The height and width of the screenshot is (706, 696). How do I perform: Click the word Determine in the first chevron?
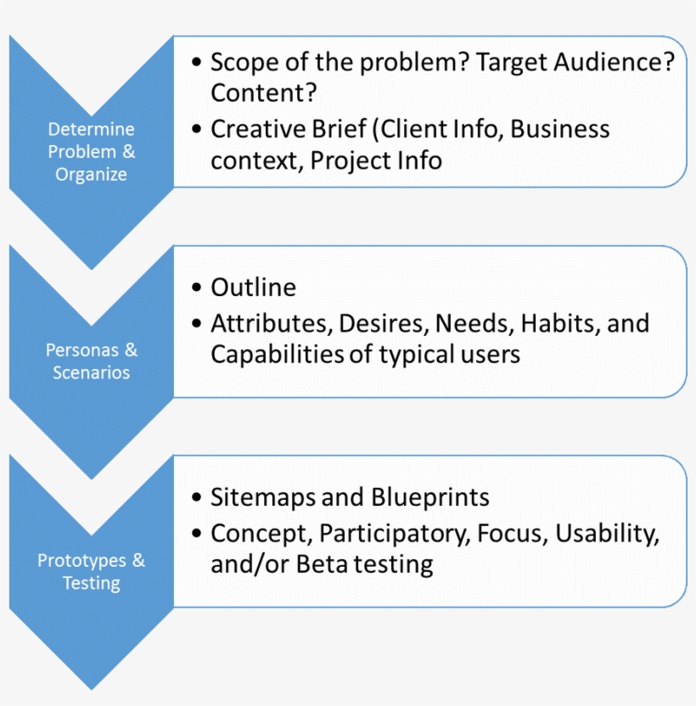click(92, 129)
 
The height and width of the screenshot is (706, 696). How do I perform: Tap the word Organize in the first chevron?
click(92, 175)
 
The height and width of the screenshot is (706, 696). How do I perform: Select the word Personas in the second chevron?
click(82, 350)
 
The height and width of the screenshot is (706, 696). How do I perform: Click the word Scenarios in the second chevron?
click(92, 373)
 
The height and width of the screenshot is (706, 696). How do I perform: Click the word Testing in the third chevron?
click(92, 584)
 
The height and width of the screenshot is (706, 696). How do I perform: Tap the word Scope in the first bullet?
click(244, 62)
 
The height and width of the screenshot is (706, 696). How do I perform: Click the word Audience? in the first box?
click(615, 62)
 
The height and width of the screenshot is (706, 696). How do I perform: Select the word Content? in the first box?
click(264, 92)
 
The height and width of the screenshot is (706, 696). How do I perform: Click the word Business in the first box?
click(560, 129)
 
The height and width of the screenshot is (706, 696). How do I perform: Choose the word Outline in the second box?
click(254, 288)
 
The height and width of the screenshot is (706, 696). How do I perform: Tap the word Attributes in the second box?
click(272, 323)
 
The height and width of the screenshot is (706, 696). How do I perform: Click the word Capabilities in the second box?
click(278, 355)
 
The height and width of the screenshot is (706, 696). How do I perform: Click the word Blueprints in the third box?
click(430, 497)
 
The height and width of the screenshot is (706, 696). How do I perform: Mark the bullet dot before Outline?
click(196, 288)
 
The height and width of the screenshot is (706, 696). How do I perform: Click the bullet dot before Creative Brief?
click(196, 129)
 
